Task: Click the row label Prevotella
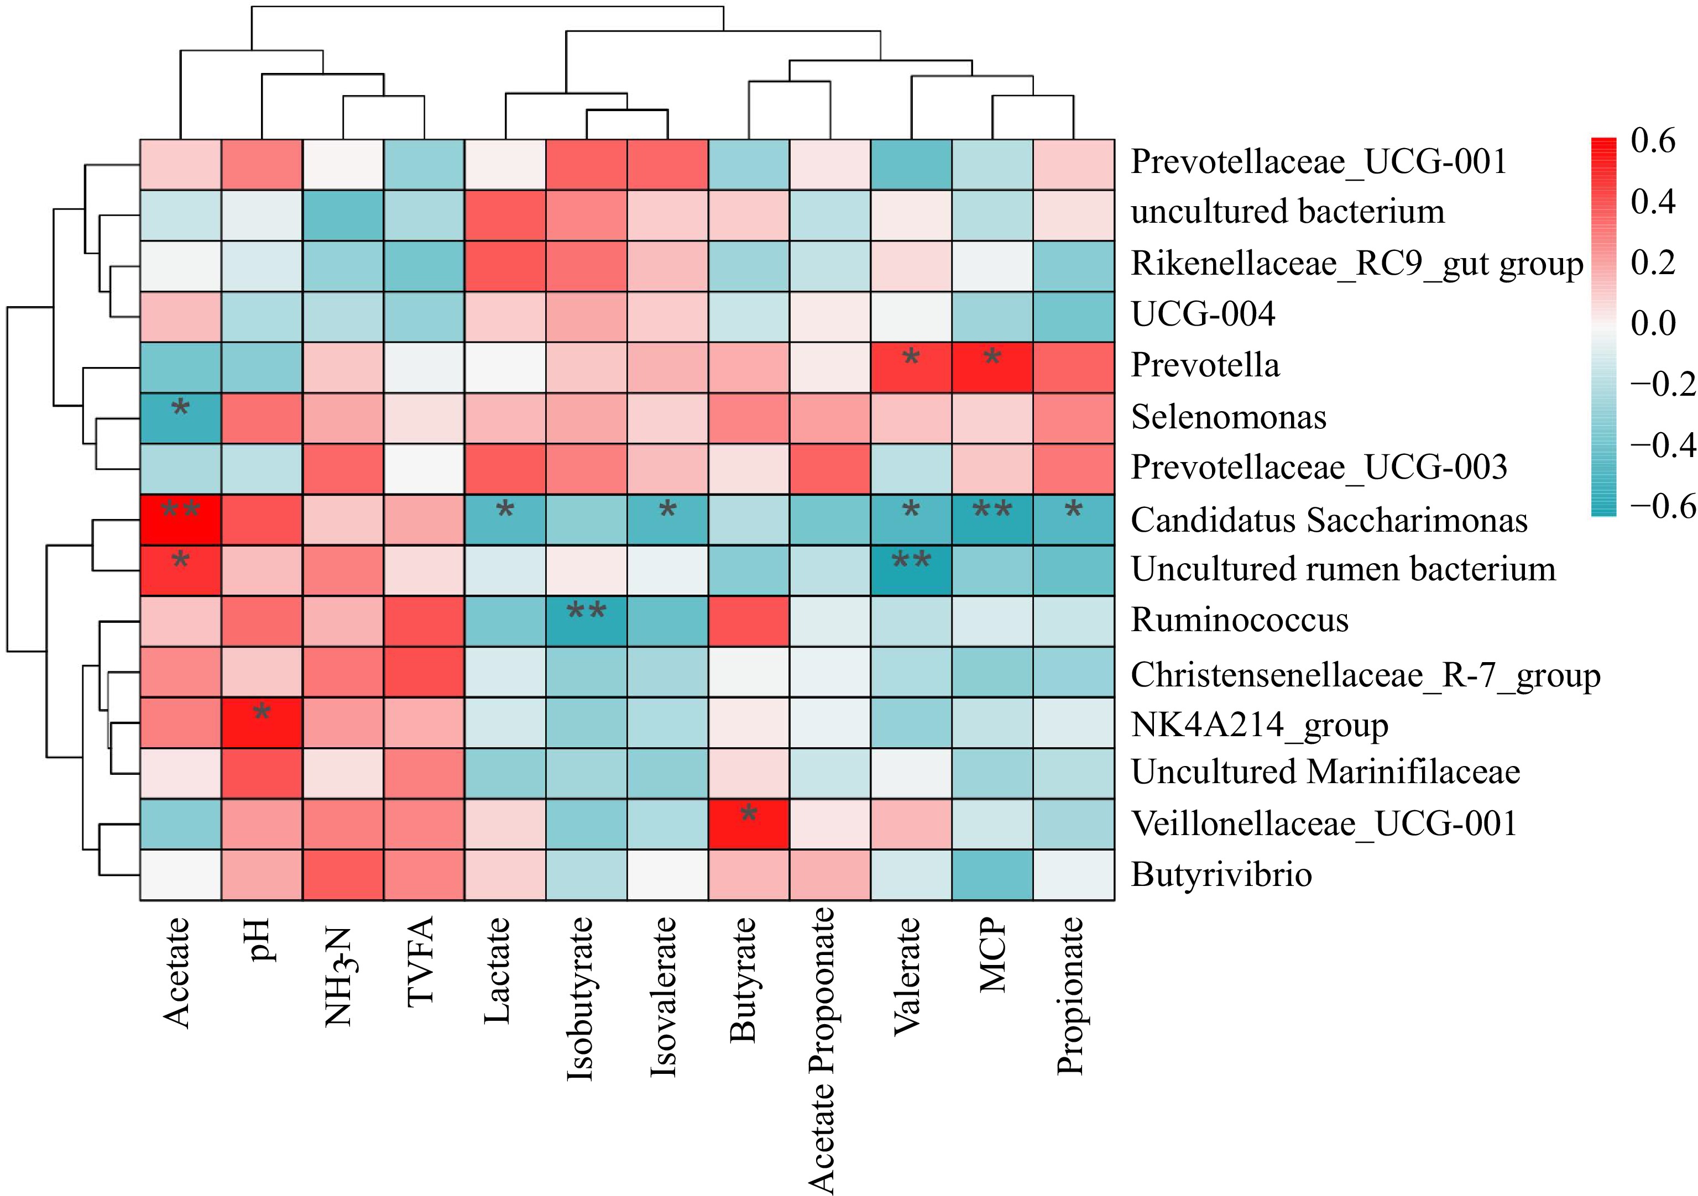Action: [x=1205, y=365]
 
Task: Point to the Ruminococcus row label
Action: [x=1240, y=620]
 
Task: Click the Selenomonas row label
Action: [x=1229, y=417]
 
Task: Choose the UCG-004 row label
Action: [x=1203, y=314]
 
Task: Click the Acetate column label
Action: [x=177, y=972]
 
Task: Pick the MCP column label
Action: [x=992, y=954]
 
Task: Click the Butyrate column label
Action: [x=745, y=979]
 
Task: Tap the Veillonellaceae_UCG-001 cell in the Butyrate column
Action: [x=749, y=823]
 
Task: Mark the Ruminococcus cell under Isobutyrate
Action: [x=587, y=621]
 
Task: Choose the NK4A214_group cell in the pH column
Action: [x=262, y=722]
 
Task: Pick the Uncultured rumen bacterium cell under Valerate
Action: [x=911, y=570]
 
